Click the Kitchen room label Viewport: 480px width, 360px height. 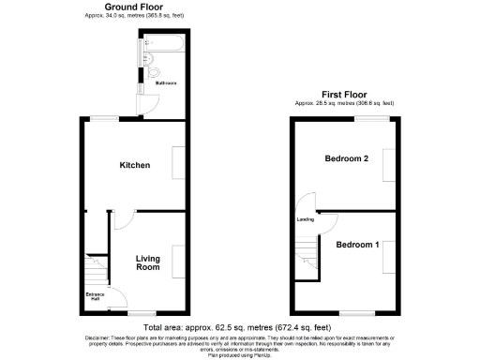click(134, 165)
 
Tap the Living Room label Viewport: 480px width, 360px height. click(147, 263)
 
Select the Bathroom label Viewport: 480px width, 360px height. click(166, 82)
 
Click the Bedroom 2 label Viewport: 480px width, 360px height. click(345, 158)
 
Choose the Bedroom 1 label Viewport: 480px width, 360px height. click(357, 245)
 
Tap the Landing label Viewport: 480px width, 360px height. click(305, 220)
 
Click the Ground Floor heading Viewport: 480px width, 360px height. click(134, 7)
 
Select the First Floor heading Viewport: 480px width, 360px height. click(343, 95)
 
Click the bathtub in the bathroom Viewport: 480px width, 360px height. click(162, 45)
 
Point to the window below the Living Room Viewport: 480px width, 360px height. click(142, 313)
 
